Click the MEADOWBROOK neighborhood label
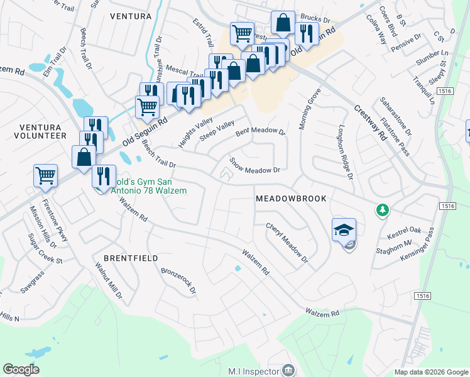pos(291,199)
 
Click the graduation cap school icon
pos(344,230)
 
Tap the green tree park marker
pos(381,209)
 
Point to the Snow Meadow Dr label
pos(254,165)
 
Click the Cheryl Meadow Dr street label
pos(287,243)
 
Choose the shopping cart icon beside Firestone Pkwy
pos(46,176)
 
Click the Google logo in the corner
pos(21,369)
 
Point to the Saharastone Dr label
pos(396,116)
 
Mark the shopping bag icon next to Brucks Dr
pos(283,23)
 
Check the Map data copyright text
pos(431,372)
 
